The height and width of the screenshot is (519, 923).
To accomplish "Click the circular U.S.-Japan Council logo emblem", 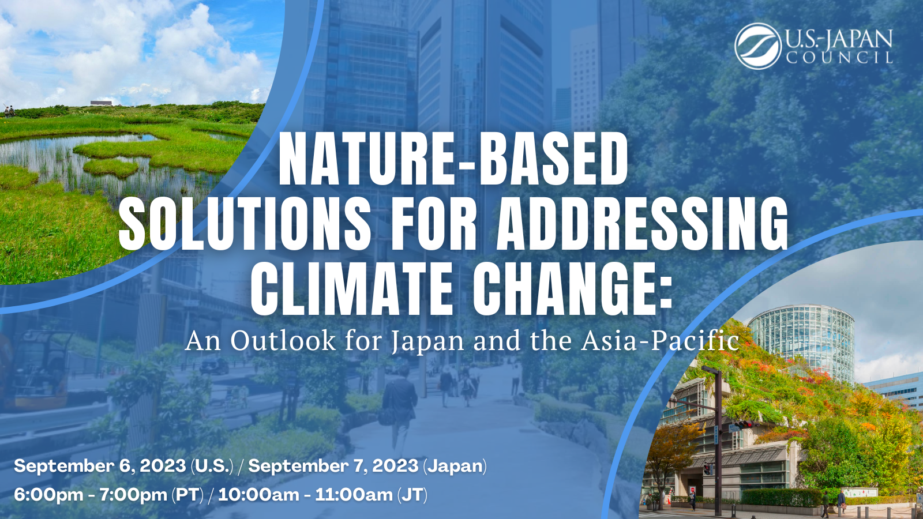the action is click(x=758, y=46).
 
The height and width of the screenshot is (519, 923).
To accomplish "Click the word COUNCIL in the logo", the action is click(x=839, y=57).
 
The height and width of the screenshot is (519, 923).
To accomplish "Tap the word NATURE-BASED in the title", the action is click(x=453, y=160).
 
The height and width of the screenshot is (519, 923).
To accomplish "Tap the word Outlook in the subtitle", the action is click(x=283, y=341).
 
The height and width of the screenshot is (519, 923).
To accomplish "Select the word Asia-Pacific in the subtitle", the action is click(x=660, y=341).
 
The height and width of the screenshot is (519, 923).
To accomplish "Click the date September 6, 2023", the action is click(x=100, y=466).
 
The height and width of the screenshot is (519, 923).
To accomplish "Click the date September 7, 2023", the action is click(x=333, y=466).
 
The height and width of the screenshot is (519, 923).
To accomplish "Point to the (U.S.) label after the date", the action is click(x=212, y=466).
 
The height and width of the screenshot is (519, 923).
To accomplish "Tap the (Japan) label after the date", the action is click(x=455, y=467).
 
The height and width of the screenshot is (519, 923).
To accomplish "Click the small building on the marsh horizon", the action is click(x=101, y=103).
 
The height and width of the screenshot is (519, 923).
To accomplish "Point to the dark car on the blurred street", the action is click(x=214, y=366).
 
